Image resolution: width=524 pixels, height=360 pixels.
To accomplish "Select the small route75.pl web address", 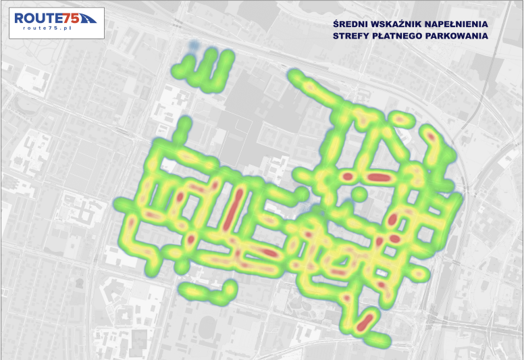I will click(x=45, y=30).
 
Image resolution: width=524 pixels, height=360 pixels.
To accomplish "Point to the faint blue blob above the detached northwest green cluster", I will click(x=194, y=47).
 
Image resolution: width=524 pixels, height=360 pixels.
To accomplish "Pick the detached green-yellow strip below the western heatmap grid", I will click(x=203, y=292).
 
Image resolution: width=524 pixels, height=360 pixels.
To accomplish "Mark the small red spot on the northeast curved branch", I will click(x=430, y=138).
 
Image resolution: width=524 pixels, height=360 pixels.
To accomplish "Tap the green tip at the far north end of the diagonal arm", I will click(x=294, y=75).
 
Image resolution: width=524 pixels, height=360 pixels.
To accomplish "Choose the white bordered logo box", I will click(x=53, y=23).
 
